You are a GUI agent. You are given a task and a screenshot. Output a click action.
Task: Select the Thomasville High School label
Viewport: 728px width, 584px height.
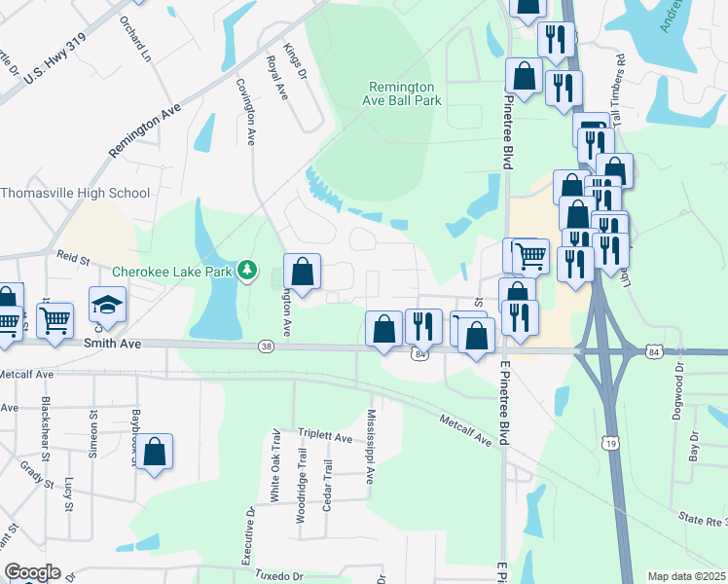pyautogui.click(x=75, y=193)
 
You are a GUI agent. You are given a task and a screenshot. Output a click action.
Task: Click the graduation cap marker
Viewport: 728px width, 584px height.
pyautogui.click(x=107, y=305)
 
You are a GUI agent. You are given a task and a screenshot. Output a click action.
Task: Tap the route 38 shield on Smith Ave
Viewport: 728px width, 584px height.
pyautogui.click(x=266, y=346)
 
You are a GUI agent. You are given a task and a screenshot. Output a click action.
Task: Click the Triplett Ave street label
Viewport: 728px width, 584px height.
pyautogui.click(x=325, y=438)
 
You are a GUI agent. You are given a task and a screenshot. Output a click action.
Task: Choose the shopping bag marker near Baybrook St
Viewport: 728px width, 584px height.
pyautogui.click(x=154, y=452)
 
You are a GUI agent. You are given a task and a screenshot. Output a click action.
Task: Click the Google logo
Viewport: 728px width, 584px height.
pyautogui.click(x=33, y=572)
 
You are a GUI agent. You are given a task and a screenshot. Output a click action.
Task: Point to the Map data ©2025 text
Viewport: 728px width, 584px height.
pyautogui.click(x=685, y=576)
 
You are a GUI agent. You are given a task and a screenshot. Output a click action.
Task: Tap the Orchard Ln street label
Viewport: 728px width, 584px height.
pyautogui.click(x=136, y=38)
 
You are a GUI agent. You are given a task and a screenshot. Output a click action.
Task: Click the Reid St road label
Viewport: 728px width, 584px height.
pyautogui.click(x=72, y=260)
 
